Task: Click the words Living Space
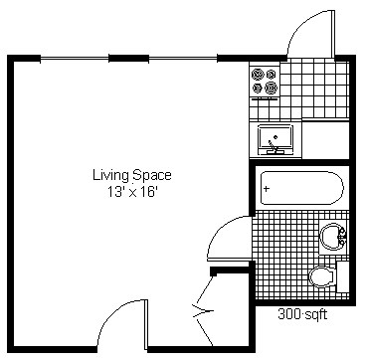[x=126, y=175]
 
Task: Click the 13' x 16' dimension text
[x=126, y=192]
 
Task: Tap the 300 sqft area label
[x=301, y=312]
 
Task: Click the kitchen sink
[x=274, y=138]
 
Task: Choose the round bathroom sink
[x=331, y=237]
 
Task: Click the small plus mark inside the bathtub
[x=268, y=187]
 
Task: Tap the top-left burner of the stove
[x=259, y=74]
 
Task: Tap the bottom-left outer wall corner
[x=13, y=349]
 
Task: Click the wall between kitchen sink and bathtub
[x=298, y=161]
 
